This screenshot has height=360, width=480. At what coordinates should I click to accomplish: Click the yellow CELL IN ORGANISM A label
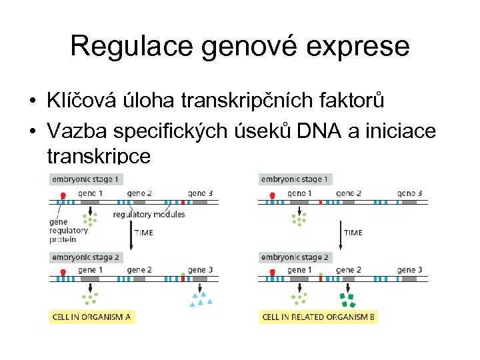pyautogui.click(x=93, y=317)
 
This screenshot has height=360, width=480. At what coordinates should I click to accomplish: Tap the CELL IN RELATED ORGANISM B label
pyautogui.click(x=318, y=317)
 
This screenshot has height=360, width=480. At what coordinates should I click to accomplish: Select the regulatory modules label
pyautogui.click(x=149, y=215)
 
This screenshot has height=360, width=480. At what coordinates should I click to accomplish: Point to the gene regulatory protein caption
pyautogui.click(x=68, y=231)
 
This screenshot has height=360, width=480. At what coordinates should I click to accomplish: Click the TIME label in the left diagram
pyautogui.click(x=143, y=233)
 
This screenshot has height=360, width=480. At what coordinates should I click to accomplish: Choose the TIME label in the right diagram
pyautogui.click(x=353, y=233)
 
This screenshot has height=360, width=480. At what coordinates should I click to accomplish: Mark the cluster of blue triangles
pyautogui.click(x=200, y=298)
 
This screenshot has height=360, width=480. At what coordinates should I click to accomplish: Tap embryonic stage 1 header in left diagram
pyautogui.click(x=86, y=179)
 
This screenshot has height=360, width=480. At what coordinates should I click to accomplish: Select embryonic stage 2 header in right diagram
pyautogui.click(x=295, y=257)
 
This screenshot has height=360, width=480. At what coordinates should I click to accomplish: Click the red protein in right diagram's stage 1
pyautogui.click(x=272, y=196)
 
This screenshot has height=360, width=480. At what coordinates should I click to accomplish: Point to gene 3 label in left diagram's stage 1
pyautogui.click(x=200, y=193)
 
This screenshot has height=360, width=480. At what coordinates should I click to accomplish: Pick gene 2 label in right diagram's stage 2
pyautogui.click(x=348, y=270)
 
